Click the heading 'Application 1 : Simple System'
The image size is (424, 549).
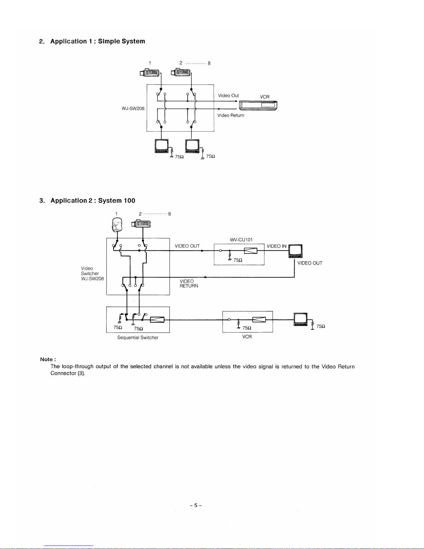[98, 41]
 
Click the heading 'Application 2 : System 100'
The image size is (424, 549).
[93, 200]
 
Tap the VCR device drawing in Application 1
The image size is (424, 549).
[258, 105]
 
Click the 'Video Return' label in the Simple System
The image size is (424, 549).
[231, 115]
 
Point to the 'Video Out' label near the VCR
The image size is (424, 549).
[228, 96]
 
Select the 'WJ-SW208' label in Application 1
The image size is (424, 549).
[133, 108]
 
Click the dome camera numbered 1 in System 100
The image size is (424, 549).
[117, 225]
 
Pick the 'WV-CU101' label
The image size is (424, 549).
[241, 239]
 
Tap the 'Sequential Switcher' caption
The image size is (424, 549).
[138, 337]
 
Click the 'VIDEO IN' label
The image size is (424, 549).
[276, 246]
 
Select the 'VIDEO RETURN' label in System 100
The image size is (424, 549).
[189, 283]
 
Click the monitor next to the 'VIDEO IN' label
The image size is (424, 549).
[295, 251]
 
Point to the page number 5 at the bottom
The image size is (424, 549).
[196, 505]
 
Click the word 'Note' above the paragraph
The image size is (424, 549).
[46, 359]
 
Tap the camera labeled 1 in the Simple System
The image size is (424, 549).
[150, 73]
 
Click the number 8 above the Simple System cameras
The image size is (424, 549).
[209, 63]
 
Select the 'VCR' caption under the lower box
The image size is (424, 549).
[247, 337]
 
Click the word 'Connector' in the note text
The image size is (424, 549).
[63, 373]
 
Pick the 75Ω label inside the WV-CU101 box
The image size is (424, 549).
[238, 260]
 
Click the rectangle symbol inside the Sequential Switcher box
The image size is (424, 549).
[157, 320]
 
